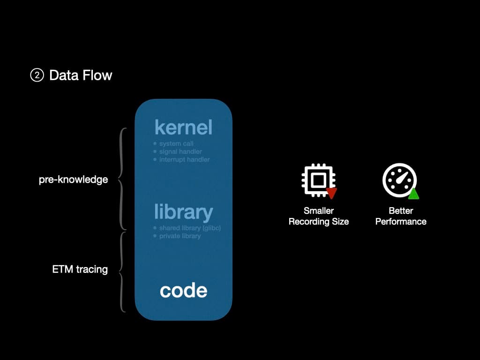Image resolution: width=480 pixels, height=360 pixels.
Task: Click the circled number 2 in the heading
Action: [x=37, y=75]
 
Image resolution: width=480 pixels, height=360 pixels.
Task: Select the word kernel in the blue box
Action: [x=183, y=127]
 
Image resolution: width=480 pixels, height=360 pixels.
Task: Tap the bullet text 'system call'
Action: [x=176, y=143]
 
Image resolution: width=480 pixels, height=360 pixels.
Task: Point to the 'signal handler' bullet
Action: [x=180, y=151]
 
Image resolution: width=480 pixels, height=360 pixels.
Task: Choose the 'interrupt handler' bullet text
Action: [x=184, y=159]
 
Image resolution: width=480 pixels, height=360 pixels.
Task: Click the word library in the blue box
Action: [x=183, y=212]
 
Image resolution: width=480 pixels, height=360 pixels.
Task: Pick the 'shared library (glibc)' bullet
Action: [x=190, y=228]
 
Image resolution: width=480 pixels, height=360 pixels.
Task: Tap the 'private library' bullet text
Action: [x=180, y=236]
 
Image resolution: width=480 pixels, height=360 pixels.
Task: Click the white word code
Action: [x=183, y=291]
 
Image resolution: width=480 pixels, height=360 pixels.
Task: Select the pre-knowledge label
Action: [x=73, y=180]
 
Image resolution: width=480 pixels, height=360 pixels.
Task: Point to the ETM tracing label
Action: [x=80, y=270]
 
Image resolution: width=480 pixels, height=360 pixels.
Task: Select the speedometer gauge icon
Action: [x=398, y=180]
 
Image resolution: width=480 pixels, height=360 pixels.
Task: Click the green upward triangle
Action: [x=413, y=194]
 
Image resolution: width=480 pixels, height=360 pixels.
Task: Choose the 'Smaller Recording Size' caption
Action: [x=319, y=216]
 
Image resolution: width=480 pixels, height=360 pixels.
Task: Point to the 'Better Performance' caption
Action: [x=401, y=216]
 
